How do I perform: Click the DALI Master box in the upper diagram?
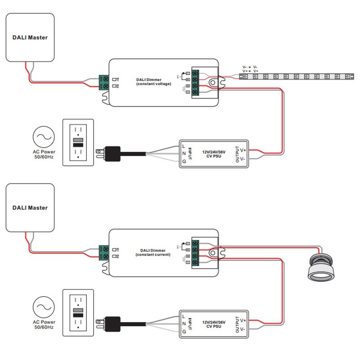[30, 37]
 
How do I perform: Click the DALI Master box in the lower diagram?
[30, 207]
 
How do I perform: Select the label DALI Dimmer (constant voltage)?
[153, 81]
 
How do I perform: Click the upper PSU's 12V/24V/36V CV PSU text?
[214, 153]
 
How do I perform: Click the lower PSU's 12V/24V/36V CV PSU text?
[214, 324]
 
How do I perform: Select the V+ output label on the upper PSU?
[243, 150]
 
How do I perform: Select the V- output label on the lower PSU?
[243, 329]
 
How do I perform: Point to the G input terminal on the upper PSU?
[184, 162]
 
